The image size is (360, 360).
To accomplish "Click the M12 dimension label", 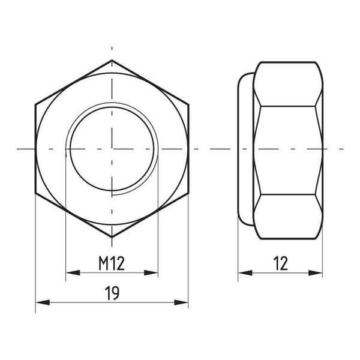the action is pyautogui.click(x=112, y=263).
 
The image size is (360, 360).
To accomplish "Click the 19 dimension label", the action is pyautogui.click(x=112, y=293).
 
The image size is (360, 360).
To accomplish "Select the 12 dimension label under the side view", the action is pyautogui.click(x=281, y=263).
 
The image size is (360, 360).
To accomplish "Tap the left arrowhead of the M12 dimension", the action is pyautogui.click(x=73, y=273).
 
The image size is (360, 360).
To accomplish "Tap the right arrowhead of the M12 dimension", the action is pyautogui.click(x=151, y=273).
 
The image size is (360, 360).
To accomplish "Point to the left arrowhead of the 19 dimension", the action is pyautogui.click(x=43, y=302).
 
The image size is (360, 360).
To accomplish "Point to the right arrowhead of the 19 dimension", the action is pyautogui.click(x=181, y=302).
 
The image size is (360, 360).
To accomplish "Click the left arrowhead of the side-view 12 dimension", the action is pyautogui.click(x=245, y=273).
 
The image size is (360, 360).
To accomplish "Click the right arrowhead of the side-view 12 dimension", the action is pyautogui.click(x=316, y=273).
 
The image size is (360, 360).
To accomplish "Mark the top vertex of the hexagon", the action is pyautogui.click(x=112, y=60).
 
